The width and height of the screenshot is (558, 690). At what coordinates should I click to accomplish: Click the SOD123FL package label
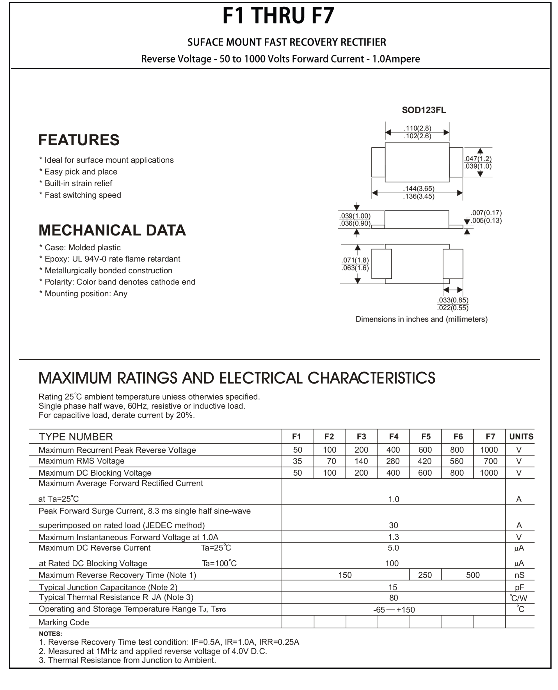pos(424,110)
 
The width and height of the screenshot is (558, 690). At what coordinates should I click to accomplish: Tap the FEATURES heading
pos(79,140)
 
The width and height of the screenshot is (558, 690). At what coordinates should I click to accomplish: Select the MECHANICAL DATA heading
pos(112,230)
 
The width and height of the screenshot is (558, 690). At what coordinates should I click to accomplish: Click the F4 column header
pos(394,436)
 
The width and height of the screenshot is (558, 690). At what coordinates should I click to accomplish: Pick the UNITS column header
pos(521,436)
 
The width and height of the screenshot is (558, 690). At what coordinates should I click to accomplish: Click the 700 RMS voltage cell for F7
pos(491,461)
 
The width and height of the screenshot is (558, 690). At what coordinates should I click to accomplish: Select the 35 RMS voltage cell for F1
pos(297,461)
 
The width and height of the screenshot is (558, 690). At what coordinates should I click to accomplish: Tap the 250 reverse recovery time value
pos(425,575)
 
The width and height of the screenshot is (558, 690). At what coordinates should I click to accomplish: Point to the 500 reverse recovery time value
pos(472,575)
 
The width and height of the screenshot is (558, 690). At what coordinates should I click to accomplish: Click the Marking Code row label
pos(64,622)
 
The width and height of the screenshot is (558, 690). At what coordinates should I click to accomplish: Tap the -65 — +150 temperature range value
pos(394,610)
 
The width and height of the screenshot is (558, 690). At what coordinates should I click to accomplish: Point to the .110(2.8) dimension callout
pos(417,128)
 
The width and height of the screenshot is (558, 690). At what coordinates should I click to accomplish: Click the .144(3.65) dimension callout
pos(418,189)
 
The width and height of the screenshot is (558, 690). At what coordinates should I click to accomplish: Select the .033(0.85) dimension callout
pos(452,300)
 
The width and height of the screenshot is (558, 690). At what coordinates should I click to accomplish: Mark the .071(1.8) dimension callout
pos(355,260)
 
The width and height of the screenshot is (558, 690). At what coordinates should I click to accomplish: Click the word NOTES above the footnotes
pos(51,634)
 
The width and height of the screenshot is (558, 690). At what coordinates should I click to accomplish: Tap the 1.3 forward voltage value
pos(394,537)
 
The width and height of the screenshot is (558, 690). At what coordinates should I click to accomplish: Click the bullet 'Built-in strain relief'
pos(78,184)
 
